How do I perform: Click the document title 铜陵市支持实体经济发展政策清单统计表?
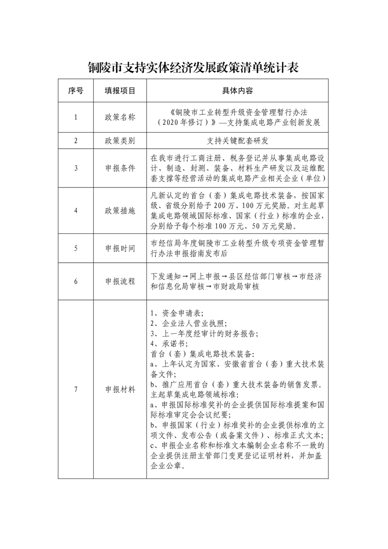[193, 68]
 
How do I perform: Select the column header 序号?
[76, 91]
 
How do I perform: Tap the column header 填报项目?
[120, 91]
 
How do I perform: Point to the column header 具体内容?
[237, 91]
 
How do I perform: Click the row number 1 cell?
[76, 117]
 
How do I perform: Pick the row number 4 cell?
[76, 211]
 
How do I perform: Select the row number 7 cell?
[76, 389]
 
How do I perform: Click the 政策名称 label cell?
[120, 117]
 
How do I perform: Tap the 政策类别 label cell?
[120, 141]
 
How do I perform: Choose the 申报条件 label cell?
[120, 168]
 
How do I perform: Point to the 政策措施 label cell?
[120, 211]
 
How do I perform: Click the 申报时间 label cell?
[120, 248]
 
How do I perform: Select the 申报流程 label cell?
[120, 282]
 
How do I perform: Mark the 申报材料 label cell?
[120, 389]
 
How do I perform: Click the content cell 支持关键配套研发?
[237, 141]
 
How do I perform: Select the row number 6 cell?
[76, 282]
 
